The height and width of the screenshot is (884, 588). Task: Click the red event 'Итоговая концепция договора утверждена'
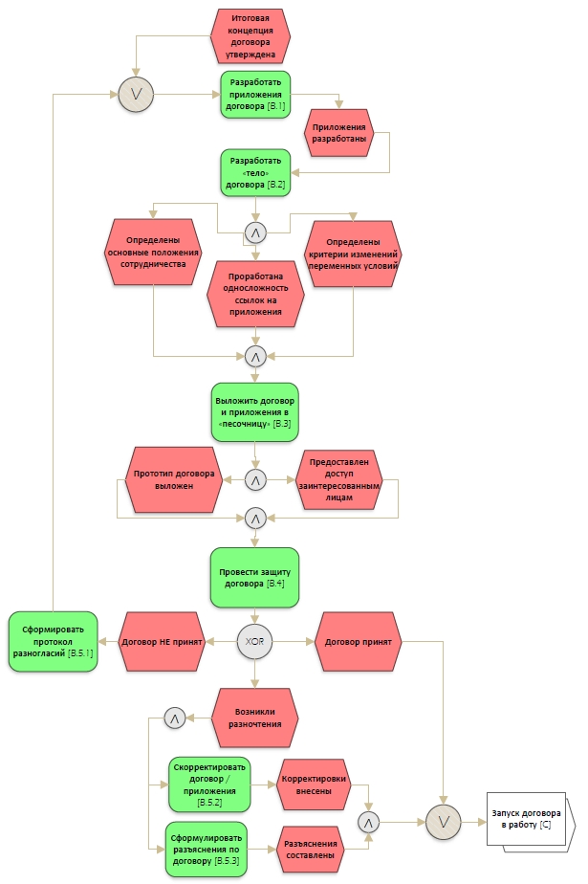pos(250,36)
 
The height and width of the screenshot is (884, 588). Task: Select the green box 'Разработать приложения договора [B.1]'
pos(255,95)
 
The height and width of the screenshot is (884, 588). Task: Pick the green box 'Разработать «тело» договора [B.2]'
pos(255,173)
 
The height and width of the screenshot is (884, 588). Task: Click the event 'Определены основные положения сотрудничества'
pos(153,254)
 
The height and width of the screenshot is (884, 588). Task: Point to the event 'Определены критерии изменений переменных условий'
pos(353,254)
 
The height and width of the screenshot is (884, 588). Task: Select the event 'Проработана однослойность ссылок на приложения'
pos(255,295)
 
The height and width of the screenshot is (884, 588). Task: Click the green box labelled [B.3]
pos(254,410)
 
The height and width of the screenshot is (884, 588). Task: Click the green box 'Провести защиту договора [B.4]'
pos(254,577)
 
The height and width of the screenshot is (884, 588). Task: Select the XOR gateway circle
pos(254,641)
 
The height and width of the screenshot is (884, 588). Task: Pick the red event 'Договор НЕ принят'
pos(161,641)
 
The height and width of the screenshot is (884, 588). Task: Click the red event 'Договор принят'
pos(358,641)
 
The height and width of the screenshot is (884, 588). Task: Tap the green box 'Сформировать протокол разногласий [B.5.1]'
pos(54,641)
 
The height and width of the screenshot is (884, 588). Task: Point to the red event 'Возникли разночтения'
pos(253,717)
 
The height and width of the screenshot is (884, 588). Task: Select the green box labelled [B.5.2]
pos(208,785)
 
